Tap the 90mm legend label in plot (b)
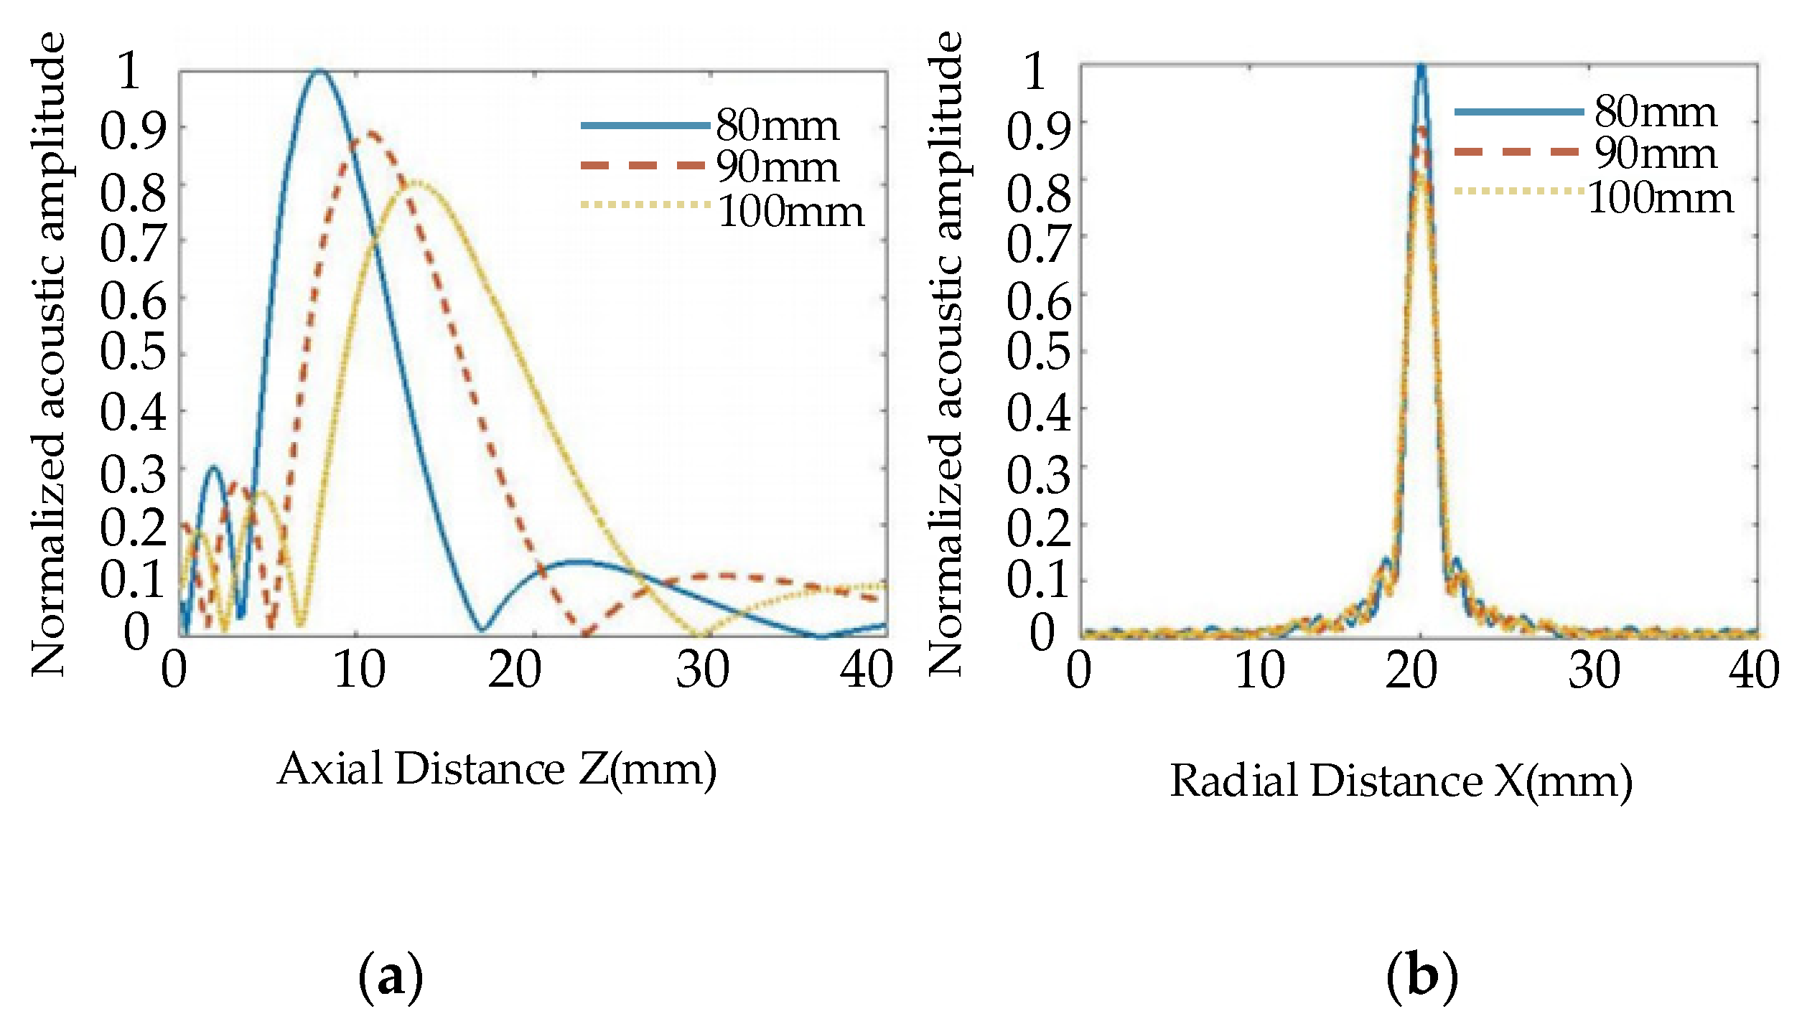click(1656, 153)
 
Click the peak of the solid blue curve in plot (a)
click(319, 71)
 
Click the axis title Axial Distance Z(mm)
click(497, 769)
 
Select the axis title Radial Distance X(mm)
click(1401, 781)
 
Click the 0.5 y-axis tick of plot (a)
click(133, 352)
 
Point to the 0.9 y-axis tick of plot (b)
click(1038, 131)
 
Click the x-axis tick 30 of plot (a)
click(702, 670)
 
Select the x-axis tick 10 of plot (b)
click(1260, 670)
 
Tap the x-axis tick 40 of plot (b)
click(1754, 670)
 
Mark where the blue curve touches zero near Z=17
click(482, 631)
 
